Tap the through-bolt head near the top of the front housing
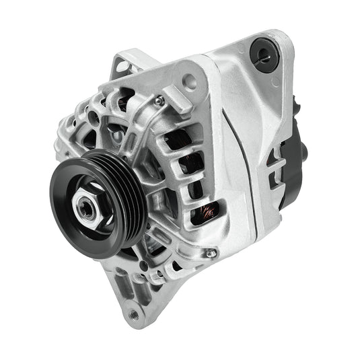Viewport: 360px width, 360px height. [x=159, y=101]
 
